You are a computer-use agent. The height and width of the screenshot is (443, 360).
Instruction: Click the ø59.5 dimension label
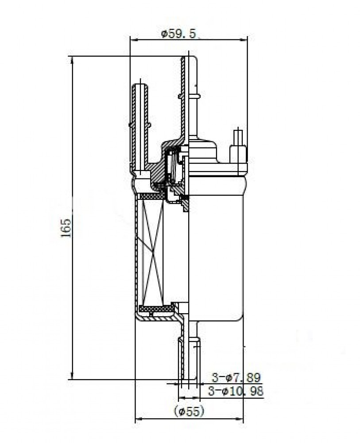[178, 34]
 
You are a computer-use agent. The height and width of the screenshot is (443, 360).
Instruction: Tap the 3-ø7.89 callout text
[236, 377]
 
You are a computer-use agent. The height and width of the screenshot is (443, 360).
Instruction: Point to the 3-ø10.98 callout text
[236, 391]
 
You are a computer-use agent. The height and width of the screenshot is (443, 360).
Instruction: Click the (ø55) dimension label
[189, 412]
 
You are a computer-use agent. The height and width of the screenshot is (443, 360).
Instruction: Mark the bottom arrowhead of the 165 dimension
[73, 376]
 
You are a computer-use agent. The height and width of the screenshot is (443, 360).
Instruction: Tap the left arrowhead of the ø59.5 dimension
[133, 40]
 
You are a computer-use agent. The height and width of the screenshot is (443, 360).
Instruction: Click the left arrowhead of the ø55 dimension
[139, 419]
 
